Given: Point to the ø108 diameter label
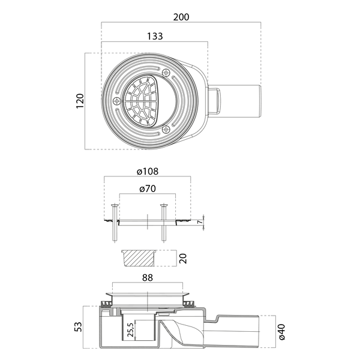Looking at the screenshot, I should (148, 172).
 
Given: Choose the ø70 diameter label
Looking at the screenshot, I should (148, 189).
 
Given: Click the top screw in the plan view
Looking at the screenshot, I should (166, 73).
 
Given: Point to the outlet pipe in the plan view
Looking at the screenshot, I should (240, 100).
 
